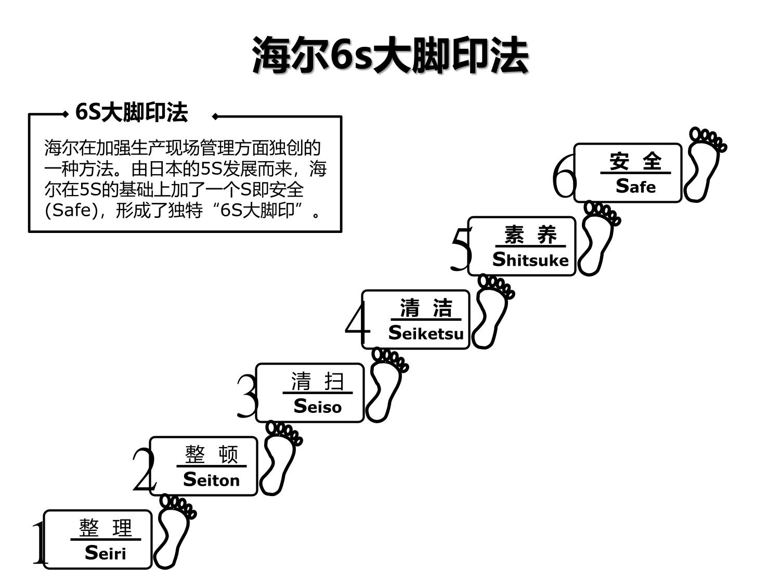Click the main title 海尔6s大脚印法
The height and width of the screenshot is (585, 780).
[x=390, y=55]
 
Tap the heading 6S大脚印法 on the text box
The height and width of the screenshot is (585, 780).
[x=131, y=112]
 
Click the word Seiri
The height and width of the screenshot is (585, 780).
[x=106, y=553]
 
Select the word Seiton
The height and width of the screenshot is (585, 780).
[x=212, y=479]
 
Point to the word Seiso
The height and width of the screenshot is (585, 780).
[x=318, y=406]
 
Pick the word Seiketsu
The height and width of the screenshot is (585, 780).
[x=426, y=333]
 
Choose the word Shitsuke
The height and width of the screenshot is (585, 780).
[x=530, y=259]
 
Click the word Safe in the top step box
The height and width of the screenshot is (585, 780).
[x=635, y=186]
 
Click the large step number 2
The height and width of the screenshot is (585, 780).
[x=144, y=471]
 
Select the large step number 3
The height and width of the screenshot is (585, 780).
[x=247, y=397]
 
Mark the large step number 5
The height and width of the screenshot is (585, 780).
[x=461, y=250]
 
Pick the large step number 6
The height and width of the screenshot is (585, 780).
[x=564, y=177]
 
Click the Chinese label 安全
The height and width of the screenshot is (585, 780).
[x=635, y=161]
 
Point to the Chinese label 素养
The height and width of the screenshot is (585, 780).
[x=530, y=235]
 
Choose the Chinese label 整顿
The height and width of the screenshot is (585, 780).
[x=212, y=455]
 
